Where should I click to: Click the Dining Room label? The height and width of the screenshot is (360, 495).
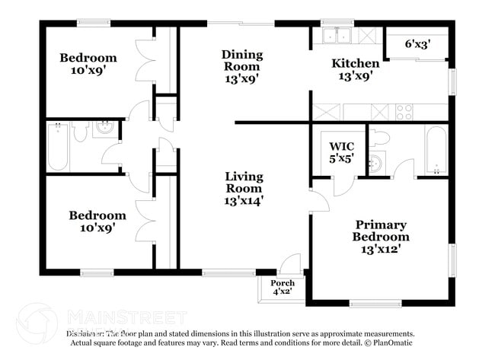coord(242,55)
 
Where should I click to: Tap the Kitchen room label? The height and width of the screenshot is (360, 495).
coord(356,63)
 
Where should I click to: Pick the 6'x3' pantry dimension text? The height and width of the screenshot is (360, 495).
coord(417,44)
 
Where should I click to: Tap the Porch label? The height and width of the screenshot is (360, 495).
coord(283,283)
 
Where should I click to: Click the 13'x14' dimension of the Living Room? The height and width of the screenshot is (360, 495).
coord(244,201)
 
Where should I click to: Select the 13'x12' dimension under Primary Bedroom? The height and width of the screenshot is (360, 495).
coord(380,248)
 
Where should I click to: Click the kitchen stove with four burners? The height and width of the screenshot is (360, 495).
coord(404,112)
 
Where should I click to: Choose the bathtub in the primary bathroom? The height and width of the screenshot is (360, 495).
coord(436,150)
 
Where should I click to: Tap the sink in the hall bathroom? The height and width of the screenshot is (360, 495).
coord(105,129)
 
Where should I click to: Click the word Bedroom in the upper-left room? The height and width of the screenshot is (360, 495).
coord(88,58)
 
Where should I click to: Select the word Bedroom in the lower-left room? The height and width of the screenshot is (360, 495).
coord(97,215)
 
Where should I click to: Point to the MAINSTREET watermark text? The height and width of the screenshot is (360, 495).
coord(126,317)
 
